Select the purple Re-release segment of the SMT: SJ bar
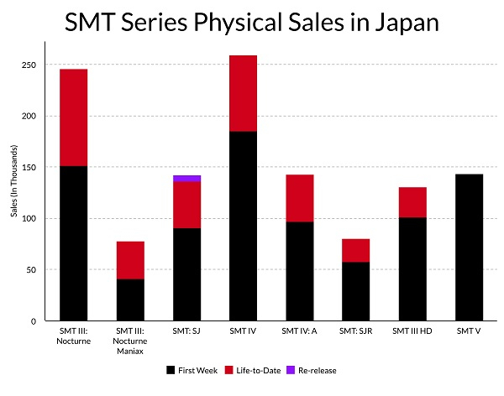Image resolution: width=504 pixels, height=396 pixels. [186, 179]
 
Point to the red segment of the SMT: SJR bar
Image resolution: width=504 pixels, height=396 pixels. [355, 251]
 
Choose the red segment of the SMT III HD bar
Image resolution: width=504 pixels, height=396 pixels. [412, 202]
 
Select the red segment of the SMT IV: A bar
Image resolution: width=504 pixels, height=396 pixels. [299, 198]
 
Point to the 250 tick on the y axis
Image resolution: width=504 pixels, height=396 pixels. [34, 65]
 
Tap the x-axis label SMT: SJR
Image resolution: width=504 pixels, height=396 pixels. [355, 333]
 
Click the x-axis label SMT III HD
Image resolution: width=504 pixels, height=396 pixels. [412, 333]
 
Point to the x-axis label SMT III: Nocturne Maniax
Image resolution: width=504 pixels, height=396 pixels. [130, 343]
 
